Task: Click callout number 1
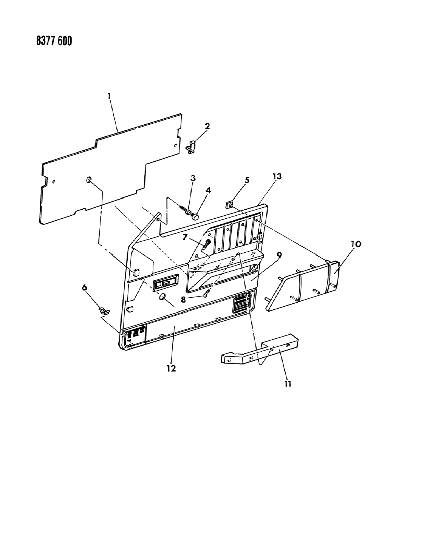point(109,96)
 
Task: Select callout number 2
point(207,126)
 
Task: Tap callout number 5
point(247,181)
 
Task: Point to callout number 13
point(277,176)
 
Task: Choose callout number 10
point(356,244)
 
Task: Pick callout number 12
point(171,368)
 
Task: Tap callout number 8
point(183,300)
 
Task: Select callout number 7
point(185,237)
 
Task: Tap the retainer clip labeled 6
point(104,311)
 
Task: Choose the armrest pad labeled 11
point(260,349)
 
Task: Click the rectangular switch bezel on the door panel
point(166,282)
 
